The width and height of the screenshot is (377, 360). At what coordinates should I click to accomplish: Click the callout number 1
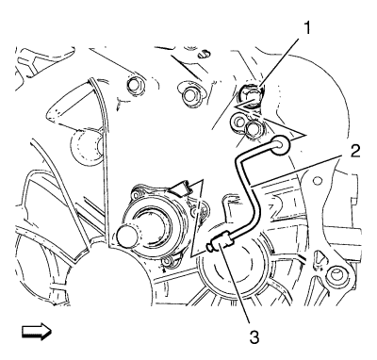[x=306, y=28]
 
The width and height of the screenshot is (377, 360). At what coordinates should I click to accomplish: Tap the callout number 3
[x=254, y=337]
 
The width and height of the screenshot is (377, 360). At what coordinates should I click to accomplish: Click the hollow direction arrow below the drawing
[x=37, y=332]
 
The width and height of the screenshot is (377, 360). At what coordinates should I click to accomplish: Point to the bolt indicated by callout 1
[x=252, y=96]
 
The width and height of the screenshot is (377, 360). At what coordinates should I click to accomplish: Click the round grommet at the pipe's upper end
[x=279, y=145]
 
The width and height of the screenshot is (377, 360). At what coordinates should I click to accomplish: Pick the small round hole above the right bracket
[x=319, y=180]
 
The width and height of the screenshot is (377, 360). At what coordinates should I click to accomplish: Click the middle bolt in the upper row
[x=190, y=94]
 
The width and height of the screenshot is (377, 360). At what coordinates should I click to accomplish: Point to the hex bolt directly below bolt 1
[x=253, y=129]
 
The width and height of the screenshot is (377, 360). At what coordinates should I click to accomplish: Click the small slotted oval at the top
[x=204, y=54]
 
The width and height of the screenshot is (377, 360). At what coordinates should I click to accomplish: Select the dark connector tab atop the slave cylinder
[x=180, y=186]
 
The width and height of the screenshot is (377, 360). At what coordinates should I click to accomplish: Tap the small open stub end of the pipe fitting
[x=209, y=248]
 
